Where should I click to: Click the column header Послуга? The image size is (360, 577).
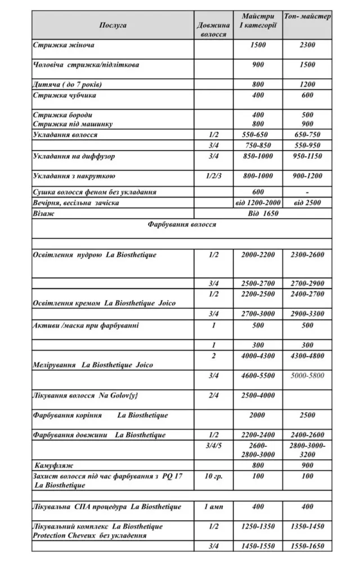[113, 25]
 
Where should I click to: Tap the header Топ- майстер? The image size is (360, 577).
[307, 17]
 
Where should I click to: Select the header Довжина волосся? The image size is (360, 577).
[214, 30]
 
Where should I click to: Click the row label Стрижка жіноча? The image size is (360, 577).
[63, 45]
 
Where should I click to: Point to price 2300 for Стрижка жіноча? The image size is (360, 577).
[307, 45]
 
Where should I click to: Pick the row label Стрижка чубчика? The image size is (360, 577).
[64, 95]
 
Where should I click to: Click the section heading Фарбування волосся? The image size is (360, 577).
[181, 224]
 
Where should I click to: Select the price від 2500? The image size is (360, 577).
[307, 202]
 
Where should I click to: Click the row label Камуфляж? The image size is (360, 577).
[54, 465]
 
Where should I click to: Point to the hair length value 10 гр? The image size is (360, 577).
[214, 477]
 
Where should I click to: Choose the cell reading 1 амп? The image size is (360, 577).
[214, 507]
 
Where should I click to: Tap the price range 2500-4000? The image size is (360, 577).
[258, 396]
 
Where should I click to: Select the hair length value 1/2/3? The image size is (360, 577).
[214, 176]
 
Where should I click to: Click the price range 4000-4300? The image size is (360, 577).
[258, 356]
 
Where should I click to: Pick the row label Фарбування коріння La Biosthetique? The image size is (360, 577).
[100, 415]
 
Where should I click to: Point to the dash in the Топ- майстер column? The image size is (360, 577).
[307, 192]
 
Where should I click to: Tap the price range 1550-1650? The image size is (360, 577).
[307, 546]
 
